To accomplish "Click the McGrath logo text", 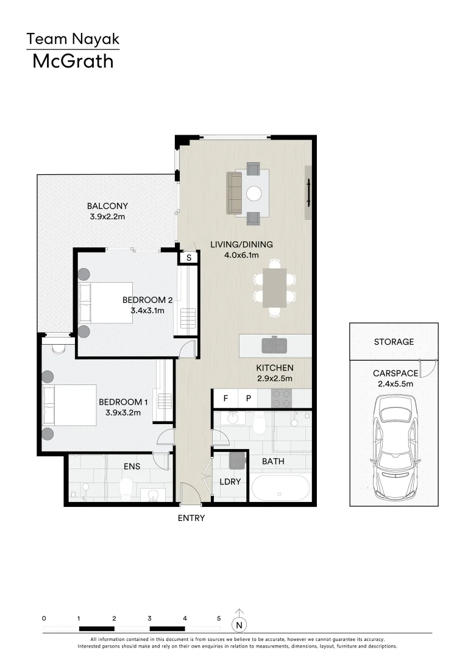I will pos(73,61).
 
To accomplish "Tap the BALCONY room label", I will pos(107,206).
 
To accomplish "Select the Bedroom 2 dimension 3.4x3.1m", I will pos(147,310).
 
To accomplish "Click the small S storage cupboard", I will pos(189,258).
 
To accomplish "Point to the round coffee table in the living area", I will pos(254,194).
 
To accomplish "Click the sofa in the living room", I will pos(234,193).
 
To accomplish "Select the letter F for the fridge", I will pos(225,398).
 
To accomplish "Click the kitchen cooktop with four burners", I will pos(282,398).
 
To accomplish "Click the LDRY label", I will pos(230,481).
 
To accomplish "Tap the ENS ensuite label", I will pos(132,466).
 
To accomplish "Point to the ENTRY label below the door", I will pos(191,518).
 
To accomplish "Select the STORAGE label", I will pos(394,342).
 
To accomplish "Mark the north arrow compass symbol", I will pos(240,624).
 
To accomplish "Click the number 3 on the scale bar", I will pos(149,618).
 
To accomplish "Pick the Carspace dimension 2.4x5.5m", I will pos(393,384).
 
